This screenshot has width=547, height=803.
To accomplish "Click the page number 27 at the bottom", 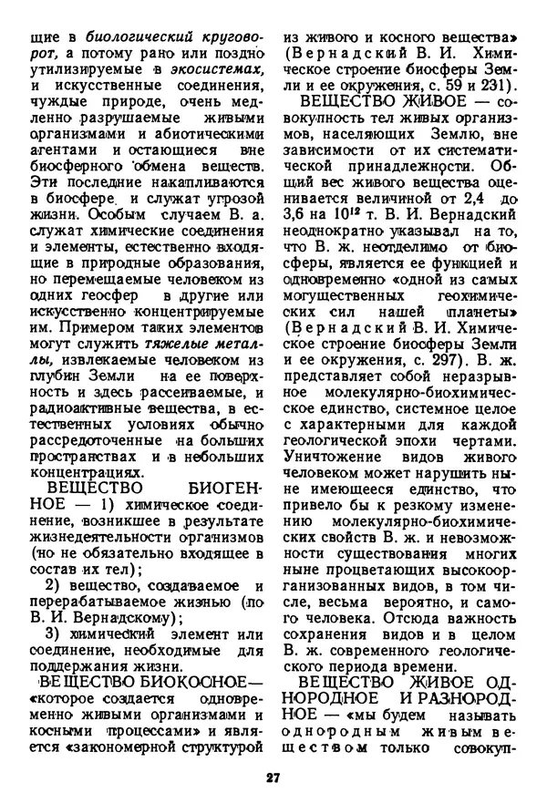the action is (273, 777).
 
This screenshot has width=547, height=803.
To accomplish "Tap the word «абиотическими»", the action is (217, 130).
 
